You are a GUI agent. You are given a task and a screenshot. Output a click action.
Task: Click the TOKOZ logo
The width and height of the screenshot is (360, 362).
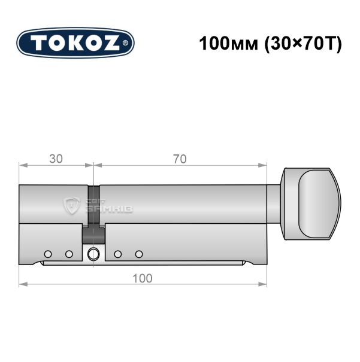[75, 43]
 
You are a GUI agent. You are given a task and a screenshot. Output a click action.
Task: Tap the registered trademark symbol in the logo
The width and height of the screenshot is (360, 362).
[125, 42]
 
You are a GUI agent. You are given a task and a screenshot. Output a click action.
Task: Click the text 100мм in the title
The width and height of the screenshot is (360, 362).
[228, 44]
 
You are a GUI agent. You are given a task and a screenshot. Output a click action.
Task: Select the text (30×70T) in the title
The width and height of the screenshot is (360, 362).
[303, 44]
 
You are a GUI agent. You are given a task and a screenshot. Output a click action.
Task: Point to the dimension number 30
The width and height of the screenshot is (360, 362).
[56, 159]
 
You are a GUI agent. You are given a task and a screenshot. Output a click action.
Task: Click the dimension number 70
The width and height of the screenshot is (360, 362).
[180, 159]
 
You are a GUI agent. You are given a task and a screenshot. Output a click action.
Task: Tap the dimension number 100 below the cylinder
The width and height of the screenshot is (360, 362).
[143, 278]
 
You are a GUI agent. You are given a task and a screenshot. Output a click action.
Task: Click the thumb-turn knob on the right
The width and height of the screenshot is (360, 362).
[311, 204]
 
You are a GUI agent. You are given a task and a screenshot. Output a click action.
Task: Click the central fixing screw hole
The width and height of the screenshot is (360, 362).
[93, 254]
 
